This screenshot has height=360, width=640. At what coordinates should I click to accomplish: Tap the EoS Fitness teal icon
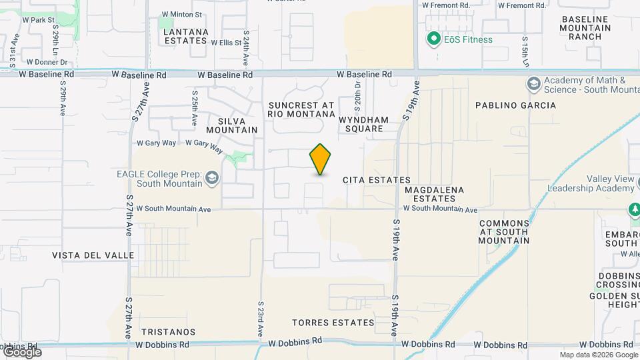[434, 39]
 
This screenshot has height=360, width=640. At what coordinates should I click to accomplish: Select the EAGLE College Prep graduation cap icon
[212, 177]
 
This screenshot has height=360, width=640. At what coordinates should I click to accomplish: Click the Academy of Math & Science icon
[533, 84]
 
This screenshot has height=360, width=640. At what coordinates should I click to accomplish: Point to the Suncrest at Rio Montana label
[301, 110]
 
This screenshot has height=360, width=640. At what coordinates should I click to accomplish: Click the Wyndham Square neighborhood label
[364, 124]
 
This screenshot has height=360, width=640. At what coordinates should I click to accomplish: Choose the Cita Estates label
[376, 180]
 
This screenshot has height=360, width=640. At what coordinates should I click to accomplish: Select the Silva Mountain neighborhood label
[232, 124]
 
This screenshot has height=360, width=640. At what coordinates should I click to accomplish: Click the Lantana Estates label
[185, 36]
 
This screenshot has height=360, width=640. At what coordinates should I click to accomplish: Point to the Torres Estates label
[333, 323]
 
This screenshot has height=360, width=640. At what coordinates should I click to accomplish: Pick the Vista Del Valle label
[93, 255]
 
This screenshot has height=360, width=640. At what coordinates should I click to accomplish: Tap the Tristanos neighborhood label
[169, 331]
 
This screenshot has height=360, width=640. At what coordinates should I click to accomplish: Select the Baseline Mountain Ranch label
[586, 27]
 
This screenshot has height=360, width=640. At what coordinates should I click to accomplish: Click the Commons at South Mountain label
[504, 232]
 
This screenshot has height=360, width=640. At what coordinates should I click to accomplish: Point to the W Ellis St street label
[226, 43]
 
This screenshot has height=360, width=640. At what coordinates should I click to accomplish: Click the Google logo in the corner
[21, 351]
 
